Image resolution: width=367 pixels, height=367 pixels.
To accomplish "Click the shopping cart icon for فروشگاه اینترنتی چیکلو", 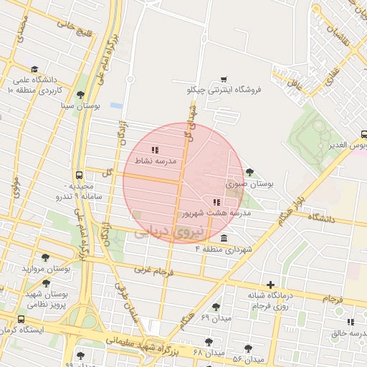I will (224, 80).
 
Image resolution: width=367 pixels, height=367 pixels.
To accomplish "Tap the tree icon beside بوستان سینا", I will (80, 95).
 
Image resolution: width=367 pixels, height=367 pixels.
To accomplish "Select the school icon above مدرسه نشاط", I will (155, 151).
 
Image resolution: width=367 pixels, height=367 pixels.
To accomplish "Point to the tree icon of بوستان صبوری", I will (249, 172).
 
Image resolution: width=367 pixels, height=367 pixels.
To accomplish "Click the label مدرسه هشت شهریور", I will (216, 213).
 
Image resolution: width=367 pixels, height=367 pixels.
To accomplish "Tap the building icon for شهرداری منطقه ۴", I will (224, 239).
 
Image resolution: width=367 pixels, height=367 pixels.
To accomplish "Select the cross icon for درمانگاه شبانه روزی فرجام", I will (270, 285).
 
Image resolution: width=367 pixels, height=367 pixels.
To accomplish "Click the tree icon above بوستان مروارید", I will (46, 257).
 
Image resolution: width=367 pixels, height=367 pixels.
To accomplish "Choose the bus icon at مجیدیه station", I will (79, 175).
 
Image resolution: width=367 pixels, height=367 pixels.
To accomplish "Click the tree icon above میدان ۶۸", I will (209, 342).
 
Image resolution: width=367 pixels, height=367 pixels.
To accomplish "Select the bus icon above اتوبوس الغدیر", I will (364, 134).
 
